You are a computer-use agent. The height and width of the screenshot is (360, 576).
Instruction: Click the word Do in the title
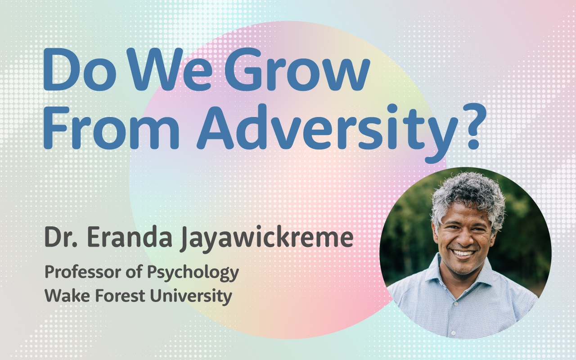tap(79, 69)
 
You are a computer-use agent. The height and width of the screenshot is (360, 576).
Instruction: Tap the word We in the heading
tap(171, 69)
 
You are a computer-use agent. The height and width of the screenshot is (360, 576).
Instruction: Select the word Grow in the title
tap(297, 69)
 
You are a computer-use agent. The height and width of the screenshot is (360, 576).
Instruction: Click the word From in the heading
tap(111, 128)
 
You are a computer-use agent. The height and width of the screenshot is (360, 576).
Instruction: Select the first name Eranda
tap(130, 237)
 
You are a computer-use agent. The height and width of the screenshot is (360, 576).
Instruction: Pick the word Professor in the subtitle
tap(83, 272)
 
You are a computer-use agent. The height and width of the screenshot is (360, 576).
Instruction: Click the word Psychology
tap(193, 273)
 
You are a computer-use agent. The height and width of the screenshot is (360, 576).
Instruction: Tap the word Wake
tap(67, 296)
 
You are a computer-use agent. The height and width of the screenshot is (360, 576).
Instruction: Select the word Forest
tap(120, 296)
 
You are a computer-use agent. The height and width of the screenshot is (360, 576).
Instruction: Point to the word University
tap(191, 297)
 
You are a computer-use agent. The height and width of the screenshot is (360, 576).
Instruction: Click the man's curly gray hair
tap(468, 195)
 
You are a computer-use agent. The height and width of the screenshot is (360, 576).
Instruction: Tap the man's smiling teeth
tap(463, 253)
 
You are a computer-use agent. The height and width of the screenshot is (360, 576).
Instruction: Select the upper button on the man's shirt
tap(456, 304)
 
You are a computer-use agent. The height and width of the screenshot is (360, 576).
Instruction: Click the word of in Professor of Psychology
tap(134, 271)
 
